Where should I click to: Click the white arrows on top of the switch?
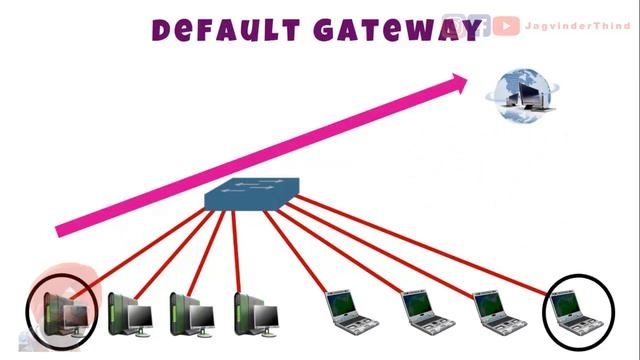[x=249, y=188]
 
